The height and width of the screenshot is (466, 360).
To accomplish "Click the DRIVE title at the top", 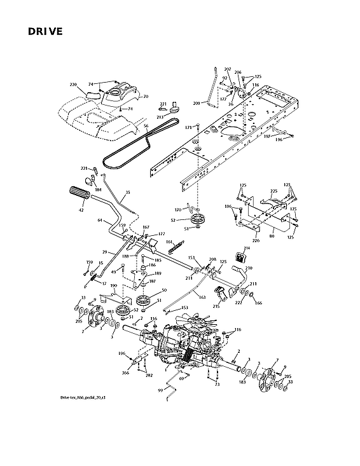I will [45, 32].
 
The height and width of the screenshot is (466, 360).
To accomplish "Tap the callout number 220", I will [73, 85].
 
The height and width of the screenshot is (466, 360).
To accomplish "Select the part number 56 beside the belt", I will [146, 126].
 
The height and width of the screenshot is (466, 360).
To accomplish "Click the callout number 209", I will [197, 103].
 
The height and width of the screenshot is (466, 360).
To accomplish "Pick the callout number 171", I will [188, 128].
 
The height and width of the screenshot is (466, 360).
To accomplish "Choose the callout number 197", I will [268, 136].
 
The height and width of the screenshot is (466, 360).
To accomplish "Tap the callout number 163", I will [202, 298].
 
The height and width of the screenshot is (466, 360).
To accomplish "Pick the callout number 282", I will [149, 376].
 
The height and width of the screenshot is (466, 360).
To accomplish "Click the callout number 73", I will [217, 385].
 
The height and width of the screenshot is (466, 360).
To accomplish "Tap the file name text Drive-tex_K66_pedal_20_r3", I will [83, 397].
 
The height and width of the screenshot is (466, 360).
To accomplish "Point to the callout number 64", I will [100, 221].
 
